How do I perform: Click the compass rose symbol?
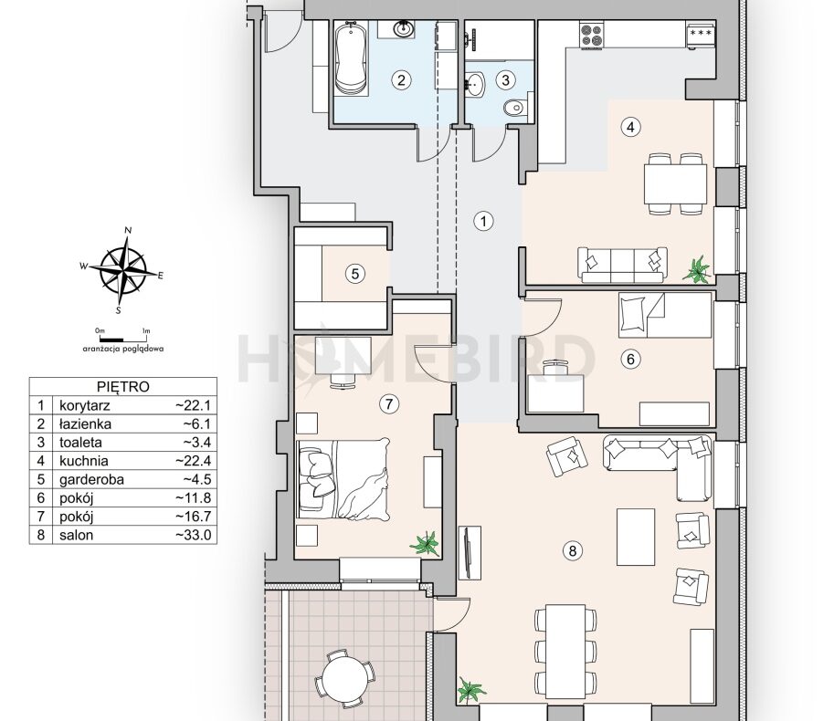pyautogui.click(x=123, y=271)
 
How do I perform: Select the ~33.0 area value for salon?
pyautogui.click(x=194, y=535)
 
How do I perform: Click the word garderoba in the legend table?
pyautogui.click(x=91, y=479)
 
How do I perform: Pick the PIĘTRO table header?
pyautogui.click(x=123, y=386)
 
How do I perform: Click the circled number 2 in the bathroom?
pyautogui.click(x=401, y=80)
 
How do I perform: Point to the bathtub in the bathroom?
pyautogui.click(x=351, y=58)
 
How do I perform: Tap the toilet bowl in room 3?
pyautogui.click(x=515, y=107)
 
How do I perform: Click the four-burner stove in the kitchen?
pyautogui.click(x=591, y=36)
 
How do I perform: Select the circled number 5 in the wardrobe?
pyautogui.click(x=355, y=274)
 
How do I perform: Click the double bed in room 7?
pyautogui.click(x=343, y=478)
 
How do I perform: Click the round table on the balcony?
pyautogui.click(x=345, y=679)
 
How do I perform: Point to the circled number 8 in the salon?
pyautogui.click(x=573, y=550)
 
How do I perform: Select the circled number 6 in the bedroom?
pyautogui.click(x=630, y=360)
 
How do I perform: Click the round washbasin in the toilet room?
pyautogui.click(x=476, y=83)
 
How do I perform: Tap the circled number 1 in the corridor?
pyautogui.click(x=483, y=221)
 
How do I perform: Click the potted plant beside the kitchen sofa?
pyautogui.click(x=697, y=269)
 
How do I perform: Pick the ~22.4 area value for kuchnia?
pyautogui.click(x=194, y=461)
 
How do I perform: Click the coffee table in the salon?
pyautogui.click(x=636, y=537)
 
